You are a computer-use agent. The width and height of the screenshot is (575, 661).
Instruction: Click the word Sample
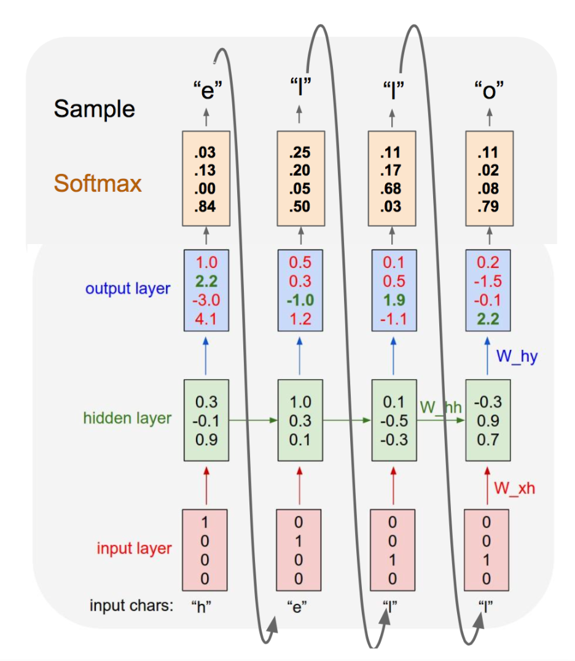click(94, 109)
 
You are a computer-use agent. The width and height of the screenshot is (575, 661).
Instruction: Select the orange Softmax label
click(98, 183)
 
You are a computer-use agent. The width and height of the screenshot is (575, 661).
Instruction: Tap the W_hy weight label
click(515, 357)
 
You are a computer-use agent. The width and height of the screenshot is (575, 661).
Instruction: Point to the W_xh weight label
click(514, 488)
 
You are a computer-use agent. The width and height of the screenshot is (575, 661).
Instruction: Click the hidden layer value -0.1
click(206, 421)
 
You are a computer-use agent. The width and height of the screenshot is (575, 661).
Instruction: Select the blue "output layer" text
click(128, 288)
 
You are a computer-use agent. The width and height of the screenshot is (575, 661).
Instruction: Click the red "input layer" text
click(134, 548)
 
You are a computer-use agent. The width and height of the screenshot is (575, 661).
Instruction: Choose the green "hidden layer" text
click(127, 418)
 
